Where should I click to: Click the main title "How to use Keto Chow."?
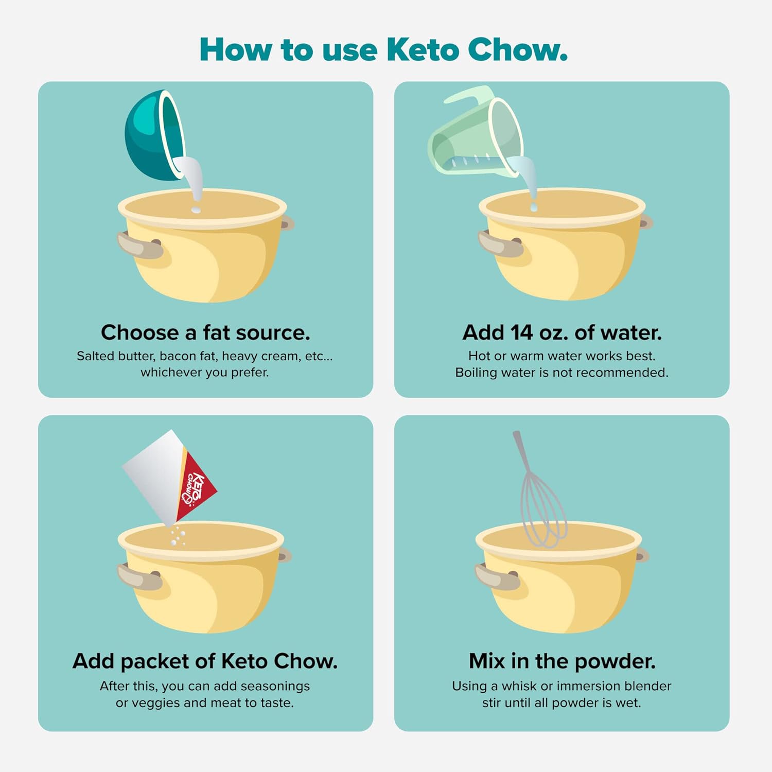[x=383, y=50]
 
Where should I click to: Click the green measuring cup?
[x=475, y=133]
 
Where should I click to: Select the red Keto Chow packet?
[x=170, y=476]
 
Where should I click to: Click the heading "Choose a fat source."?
[x=205, y=332]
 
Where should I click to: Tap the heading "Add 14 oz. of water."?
[x=562, y=332]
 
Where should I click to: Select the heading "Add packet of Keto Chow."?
[x=205, y=661]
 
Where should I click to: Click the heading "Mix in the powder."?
[x=562, y=661]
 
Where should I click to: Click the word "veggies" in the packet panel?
[x=152, y=703]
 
